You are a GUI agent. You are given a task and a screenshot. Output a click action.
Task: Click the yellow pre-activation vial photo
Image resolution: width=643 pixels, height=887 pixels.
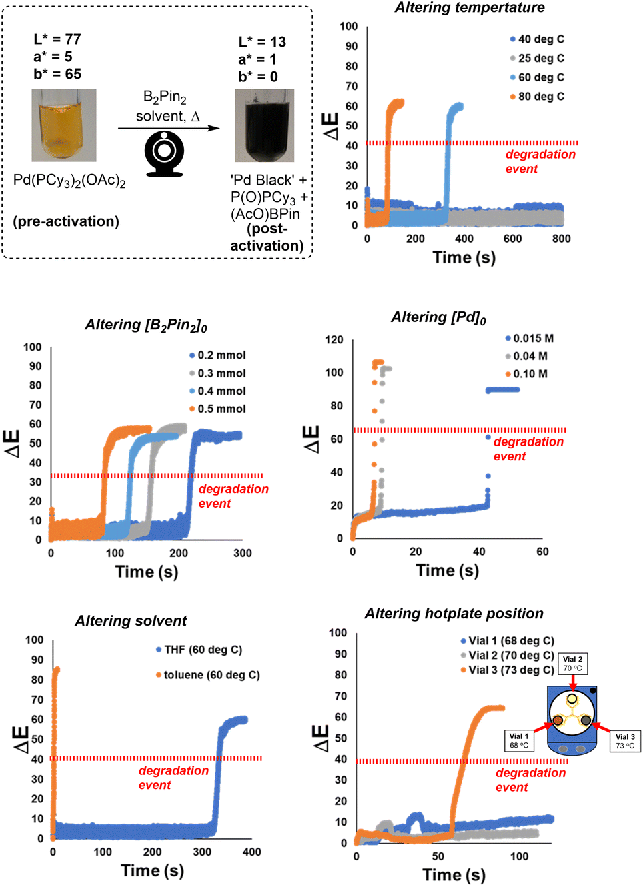click(64, 125)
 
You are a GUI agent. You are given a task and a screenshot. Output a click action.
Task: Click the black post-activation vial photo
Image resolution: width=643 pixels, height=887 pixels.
click(264, 125)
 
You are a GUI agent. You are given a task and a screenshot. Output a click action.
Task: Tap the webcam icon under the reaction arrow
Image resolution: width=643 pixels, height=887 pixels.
click(164, 153)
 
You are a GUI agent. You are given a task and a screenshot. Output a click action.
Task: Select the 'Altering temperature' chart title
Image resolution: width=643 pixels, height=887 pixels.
click(469, 8)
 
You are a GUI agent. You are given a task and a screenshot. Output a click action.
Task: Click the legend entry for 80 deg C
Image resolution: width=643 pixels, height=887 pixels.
click(538, 97)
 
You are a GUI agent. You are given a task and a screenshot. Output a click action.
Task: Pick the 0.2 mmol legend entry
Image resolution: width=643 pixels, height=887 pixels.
click(218, 355)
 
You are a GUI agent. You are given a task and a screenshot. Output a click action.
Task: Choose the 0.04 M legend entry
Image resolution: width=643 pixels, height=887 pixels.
click(526, 356)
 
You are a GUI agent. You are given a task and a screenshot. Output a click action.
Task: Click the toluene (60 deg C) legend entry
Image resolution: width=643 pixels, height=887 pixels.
click(208, 675)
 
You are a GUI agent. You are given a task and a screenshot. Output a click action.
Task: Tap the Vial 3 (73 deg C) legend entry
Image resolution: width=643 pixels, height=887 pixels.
click(508, 670)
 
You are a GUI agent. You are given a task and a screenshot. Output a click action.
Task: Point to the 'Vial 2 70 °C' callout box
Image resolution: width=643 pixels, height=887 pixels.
click(572, 664)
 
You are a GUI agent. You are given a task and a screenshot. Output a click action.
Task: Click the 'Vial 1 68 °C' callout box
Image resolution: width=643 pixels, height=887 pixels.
click(518, 741)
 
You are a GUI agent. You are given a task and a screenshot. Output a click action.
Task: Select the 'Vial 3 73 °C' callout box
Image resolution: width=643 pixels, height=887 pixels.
click(625, 741)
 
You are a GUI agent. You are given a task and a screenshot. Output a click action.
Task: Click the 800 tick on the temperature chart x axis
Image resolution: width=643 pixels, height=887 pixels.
click(561, 239)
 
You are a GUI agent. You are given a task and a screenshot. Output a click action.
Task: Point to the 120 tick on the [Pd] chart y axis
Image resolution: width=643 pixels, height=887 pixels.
click(334, 340)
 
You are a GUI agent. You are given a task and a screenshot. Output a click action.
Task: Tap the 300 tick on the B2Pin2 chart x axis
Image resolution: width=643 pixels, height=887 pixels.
click(242, 553)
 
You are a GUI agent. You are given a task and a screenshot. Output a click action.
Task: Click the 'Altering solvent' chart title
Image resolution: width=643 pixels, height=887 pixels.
click(131, 621)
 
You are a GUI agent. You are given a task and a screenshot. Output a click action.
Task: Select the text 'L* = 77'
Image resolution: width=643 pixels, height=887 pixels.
click(57, 39)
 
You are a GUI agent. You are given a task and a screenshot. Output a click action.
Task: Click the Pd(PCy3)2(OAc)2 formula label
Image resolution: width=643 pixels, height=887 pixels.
click(69, 181)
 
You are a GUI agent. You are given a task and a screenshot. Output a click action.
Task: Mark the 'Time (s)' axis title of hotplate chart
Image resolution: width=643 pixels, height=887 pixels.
click(454, 875)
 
